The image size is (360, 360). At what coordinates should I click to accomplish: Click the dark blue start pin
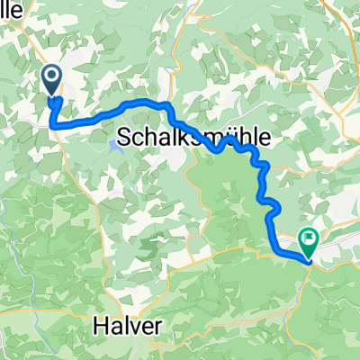click(x=51, y=79)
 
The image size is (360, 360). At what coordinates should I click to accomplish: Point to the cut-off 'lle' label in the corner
click(x=12, y=11)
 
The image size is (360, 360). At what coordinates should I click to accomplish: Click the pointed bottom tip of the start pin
click(x=51, y=94)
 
